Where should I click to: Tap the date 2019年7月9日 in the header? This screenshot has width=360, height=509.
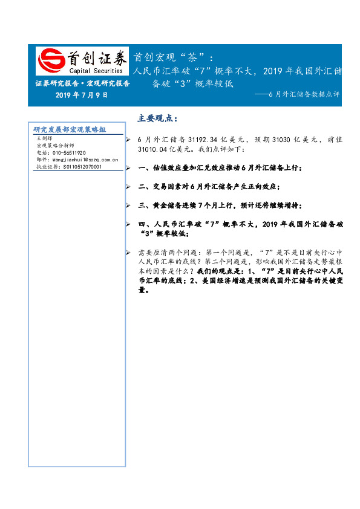81,96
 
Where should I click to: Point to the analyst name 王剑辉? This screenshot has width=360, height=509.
45,138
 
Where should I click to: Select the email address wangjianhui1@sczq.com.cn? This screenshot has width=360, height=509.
77,160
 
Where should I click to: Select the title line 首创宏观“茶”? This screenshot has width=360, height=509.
173,57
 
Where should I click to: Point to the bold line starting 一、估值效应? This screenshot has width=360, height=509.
220,167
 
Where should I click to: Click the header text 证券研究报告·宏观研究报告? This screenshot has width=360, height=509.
82,83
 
